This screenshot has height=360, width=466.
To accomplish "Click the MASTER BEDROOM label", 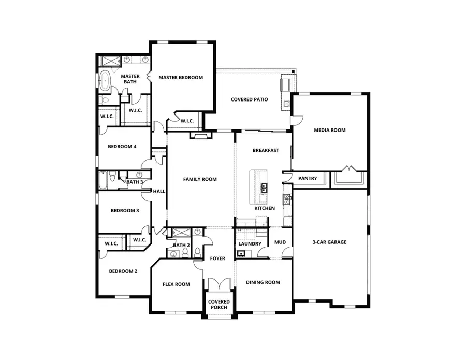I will [x=180, y=78].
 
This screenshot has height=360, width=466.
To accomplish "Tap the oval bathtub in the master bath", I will [x=105, y=82].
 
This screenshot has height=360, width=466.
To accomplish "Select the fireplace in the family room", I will [x=200, y=136].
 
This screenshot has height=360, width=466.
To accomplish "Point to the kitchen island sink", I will [x=264, y=188].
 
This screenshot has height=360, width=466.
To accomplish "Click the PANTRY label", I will [x=308, y=179].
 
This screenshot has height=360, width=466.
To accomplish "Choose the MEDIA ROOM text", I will [x=329, y=130].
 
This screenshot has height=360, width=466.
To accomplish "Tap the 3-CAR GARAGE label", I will [x=330, y=242].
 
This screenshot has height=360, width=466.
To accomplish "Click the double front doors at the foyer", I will [x=217, y=284].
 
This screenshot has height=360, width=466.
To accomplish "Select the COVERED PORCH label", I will [x=219, y=305].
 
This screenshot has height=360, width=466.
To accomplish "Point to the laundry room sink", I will [x=241, y=253].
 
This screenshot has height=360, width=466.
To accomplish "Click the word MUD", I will [x=280, y=242].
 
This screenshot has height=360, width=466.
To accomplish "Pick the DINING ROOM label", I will [x=263, y=283].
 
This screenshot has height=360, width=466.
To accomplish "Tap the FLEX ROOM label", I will [x=176, y=284].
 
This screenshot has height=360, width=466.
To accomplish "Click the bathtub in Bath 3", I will [x=104, y=181].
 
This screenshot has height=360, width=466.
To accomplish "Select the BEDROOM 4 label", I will [x=122, y=147].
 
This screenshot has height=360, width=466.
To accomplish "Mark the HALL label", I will [x=159, y=192].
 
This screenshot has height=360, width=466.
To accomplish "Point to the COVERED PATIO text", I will [x=249, y=99].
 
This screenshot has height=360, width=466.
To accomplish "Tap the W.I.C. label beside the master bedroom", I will [x=186, y=121].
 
